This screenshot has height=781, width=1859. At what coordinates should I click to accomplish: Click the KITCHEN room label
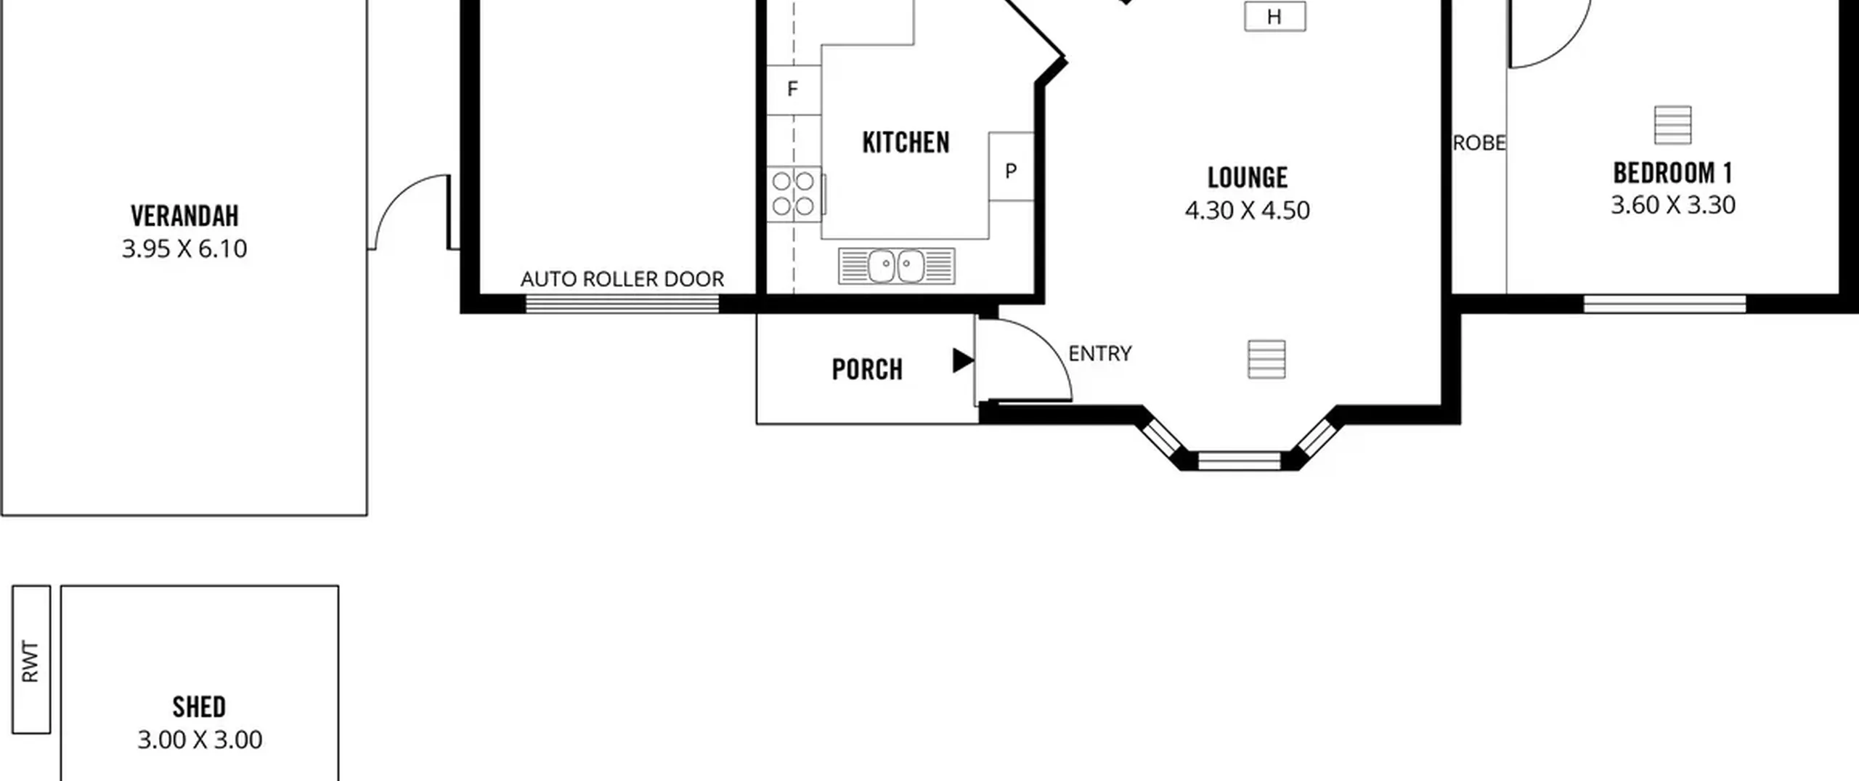click(x=906, y=142)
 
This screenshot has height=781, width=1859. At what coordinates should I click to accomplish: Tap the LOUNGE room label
click(x=1248, y=177)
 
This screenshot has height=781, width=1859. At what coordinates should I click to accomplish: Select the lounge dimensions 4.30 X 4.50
click(x=1248, y=211)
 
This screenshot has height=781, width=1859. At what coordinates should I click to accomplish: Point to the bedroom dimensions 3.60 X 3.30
click(x=1673, y=205)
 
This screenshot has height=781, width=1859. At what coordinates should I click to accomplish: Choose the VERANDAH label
click(x=184, y=216)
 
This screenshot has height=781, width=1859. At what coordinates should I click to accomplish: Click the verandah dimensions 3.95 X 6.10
click(x=184, y=249)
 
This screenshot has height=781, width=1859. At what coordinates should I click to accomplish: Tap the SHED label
click(x=199, y=707)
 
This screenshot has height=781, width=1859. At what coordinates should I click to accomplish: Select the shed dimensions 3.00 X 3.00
click(x=200, y=740)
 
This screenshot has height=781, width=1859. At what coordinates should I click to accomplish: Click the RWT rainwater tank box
click(x=31, y=660)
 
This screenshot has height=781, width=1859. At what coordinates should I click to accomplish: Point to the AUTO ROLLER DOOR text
click(x=622, y=279)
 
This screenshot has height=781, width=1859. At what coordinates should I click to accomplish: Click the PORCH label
click(x=867, y=370)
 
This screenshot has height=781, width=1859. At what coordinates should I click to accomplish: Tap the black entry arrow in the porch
click(x=963, y=360)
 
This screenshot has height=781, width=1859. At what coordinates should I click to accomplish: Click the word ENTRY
click(x=1100, y=354)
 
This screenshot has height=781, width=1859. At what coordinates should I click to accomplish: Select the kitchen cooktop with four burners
click(x=794, y=194)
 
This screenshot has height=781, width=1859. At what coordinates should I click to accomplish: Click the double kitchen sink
click(x=897, y=266)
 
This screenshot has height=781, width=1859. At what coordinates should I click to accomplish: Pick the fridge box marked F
click(x=794, y=89)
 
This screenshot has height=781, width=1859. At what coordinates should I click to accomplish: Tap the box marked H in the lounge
click(x=1274, y=16)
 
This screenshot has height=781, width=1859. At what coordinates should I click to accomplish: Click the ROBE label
click(x=1479, y=143)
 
